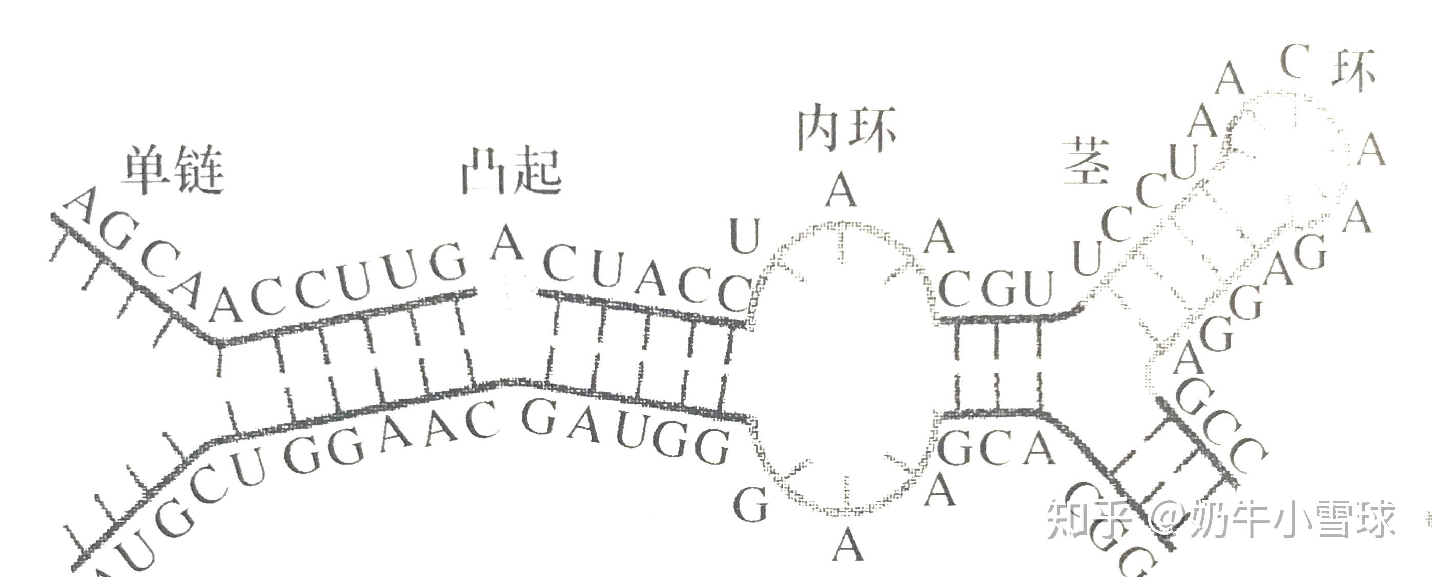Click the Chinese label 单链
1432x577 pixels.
click(173, 170)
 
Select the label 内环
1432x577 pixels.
click(846, 130)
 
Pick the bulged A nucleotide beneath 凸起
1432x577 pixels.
click(506, 243)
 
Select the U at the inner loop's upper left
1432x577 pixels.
click(744, 236)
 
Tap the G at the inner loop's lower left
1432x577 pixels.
click(751, 504)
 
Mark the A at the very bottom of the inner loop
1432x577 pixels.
click(848, 545)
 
